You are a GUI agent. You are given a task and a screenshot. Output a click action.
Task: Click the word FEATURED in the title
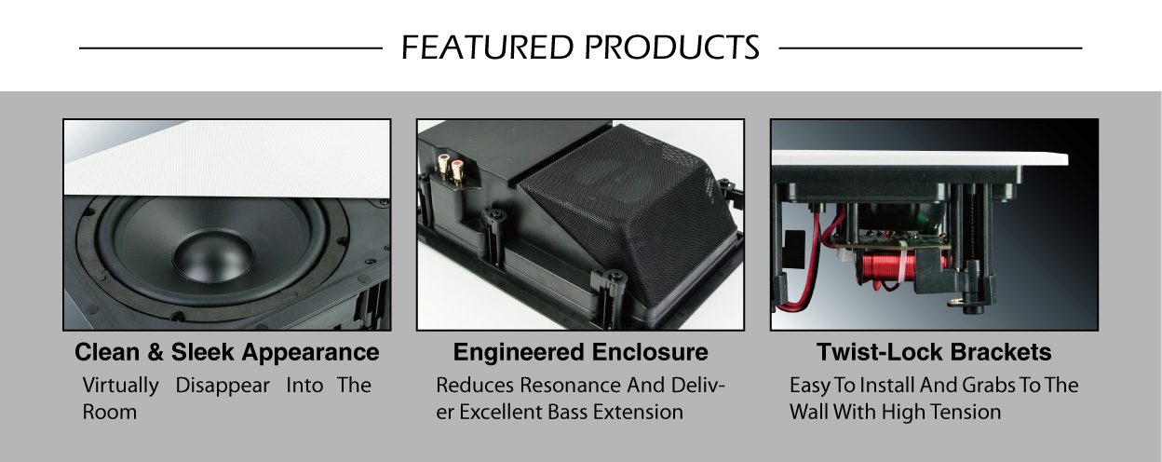click(x=488, y=48)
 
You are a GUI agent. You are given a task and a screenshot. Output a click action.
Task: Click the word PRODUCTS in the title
click(x=672, y=48)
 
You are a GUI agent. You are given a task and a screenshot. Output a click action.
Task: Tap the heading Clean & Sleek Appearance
click(x=226, y=352)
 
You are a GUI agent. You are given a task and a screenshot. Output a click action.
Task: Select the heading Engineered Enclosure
click(x=580, y=352)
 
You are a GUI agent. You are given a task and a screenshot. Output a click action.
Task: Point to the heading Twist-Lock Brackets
click(x=934, y=352)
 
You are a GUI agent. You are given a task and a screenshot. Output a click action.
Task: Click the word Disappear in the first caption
click(x=223, y=386)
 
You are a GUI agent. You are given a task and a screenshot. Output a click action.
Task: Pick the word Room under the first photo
click(x=110, y=412)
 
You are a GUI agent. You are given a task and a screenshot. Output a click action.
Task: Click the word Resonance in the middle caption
click(x=570, y=386)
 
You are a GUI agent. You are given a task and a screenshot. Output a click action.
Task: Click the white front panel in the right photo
click(x=919, y=158)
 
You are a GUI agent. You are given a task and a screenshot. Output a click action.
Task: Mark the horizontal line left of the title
click(x=231, y=48)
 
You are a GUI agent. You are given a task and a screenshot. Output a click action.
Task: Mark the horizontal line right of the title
click(x=931, y=48)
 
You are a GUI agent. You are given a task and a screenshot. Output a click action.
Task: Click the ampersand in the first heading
click(x=155, y=352)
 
